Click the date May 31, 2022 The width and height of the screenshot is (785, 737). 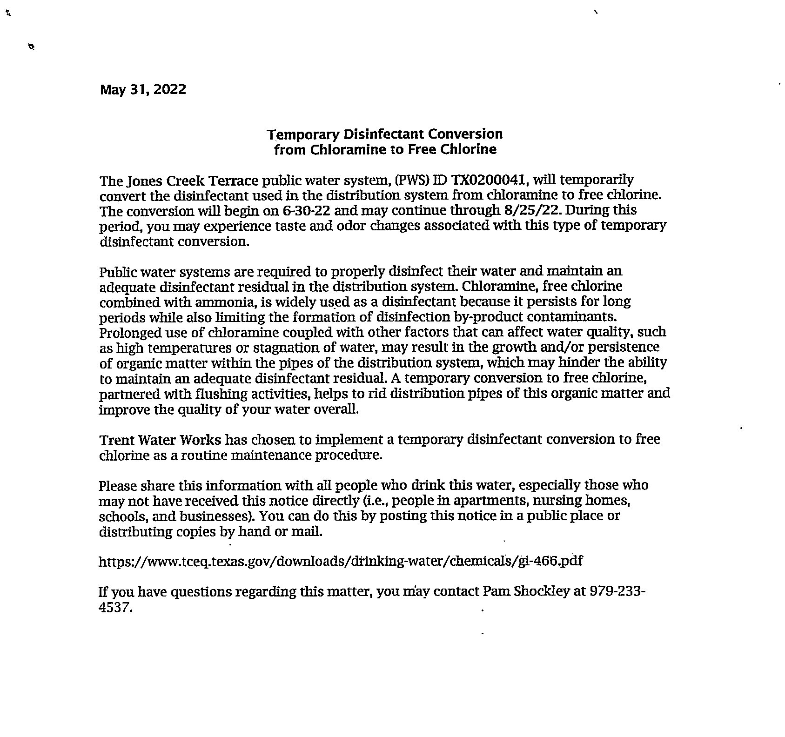(x=143, y=89)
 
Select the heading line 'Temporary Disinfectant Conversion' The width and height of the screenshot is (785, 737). (x=385, y=134)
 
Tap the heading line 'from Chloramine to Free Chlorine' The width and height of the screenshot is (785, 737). (x=385, y=149)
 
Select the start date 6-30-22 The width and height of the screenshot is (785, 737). (x=307, y=210)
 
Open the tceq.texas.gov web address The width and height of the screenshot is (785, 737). (x=341, y=561)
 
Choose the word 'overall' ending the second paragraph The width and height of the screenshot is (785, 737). (x=340, y=409)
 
